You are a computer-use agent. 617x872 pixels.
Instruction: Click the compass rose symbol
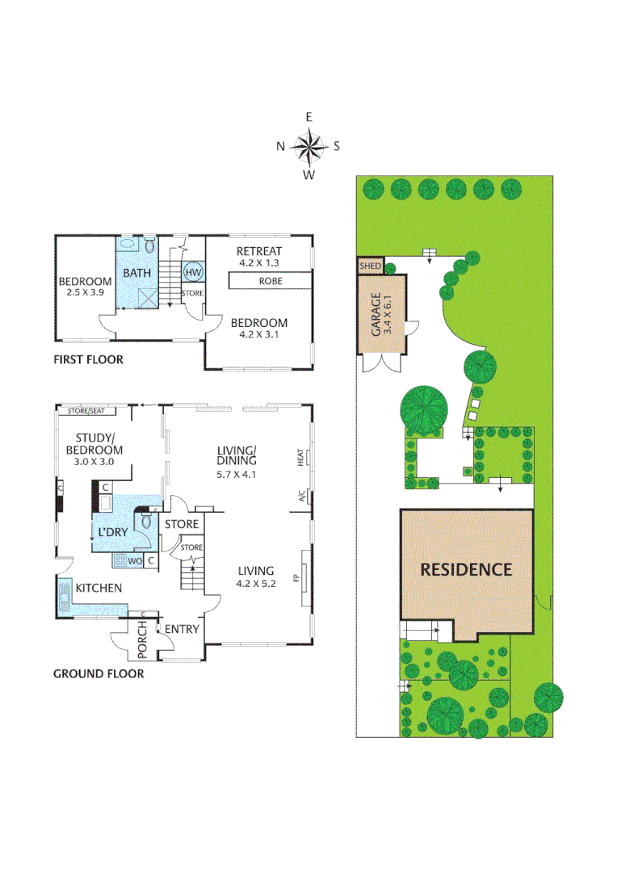point(308,146)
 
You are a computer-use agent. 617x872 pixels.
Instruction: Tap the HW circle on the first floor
point(193,272)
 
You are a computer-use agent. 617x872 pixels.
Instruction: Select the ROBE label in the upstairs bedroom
point(271,282)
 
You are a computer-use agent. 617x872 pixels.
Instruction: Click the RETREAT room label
point(259,251)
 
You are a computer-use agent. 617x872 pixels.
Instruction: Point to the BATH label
point(137,273)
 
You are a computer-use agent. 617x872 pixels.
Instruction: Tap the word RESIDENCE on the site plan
point(466,568)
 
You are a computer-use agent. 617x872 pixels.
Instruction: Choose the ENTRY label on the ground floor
point(182,630)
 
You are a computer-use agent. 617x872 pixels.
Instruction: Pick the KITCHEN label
point(99,588)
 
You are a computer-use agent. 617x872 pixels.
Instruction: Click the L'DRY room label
point(111,534)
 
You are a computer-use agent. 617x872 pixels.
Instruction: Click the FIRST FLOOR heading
point(88,359)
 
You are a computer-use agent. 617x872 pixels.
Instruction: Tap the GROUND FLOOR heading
point(99,673)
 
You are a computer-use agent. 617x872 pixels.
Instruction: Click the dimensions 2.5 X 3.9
point(84,292)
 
